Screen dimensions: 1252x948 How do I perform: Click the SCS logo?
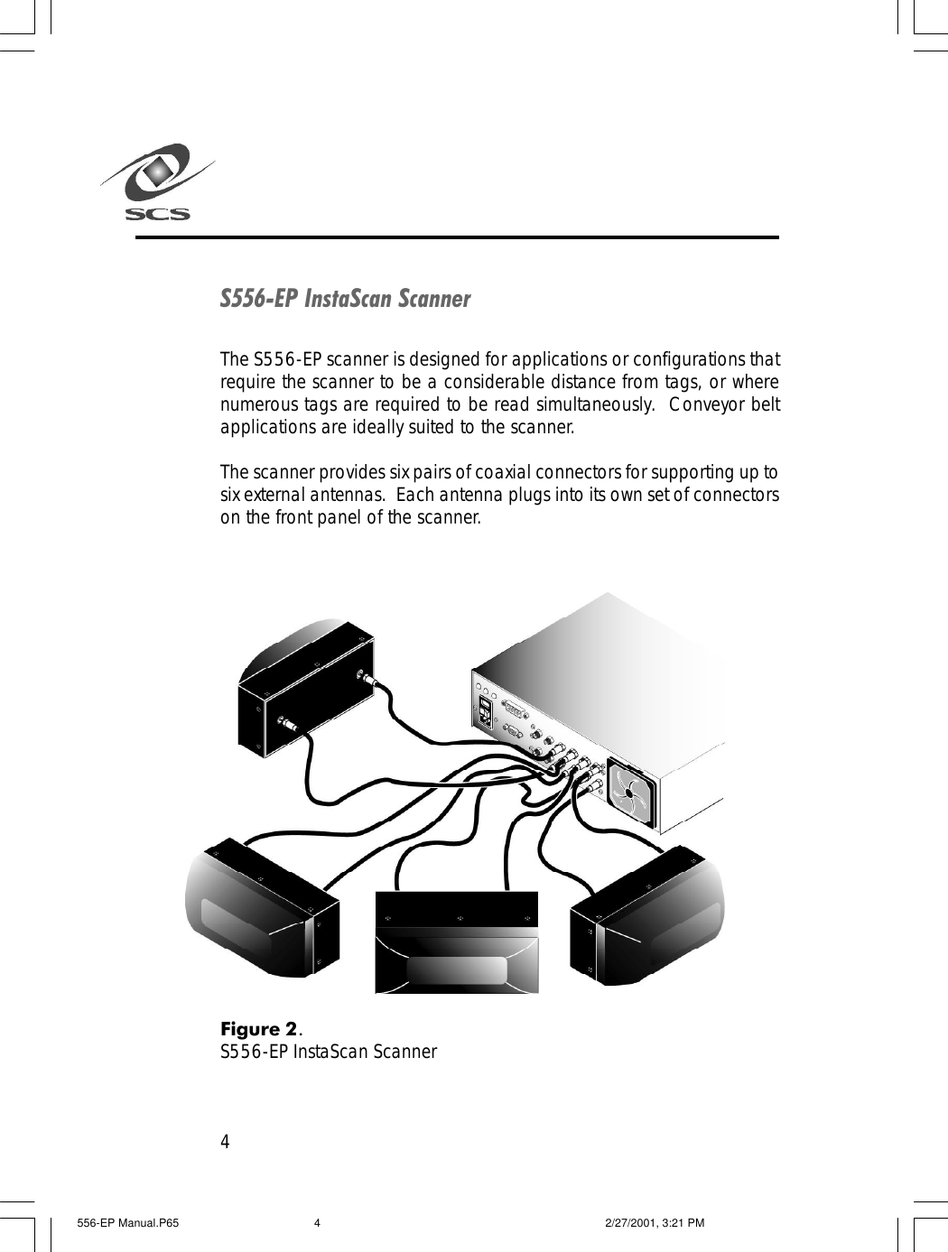[156, 184]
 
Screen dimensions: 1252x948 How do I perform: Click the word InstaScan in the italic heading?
[350, 299]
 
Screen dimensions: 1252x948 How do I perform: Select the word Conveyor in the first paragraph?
[711, 403]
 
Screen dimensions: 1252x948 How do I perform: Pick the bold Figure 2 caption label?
[260, 1029]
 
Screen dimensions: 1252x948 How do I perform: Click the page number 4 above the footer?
[226, 1142]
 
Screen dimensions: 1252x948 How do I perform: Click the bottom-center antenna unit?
[457, 942]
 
